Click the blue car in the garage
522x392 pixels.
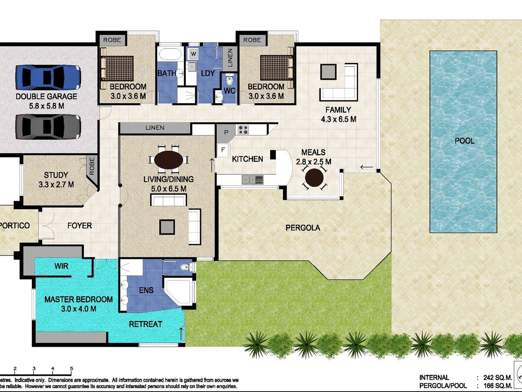[48, 78]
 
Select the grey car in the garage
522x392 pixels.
[48, 126]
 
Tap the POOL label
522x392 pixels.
[464, 141]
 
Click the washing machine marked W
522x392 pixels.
[193, 54]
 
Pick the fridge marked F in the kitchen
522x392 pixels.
[223, 150]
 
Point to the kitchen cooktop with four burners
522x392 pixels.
[243, 130]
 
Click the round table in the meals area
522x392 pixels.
[314, 177]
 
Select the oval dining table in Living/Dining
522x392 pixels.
[169, 160]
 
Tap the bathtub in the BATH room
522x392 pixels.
[170, 54]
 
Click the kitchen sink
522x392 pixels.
[252, 180]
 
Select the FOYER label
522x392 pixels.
[80, 225]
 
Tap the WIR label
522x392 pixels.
[61, 266]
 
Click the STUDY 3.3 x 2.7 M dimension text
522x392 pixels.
[57, 184]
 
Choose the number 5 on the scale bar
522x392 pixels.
[71, 368]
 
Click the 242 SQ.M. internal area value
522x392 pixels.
[498, 378]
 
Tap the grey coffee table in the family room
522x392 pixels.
[328, 72]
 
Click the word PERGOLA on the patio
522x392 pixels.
[303, 228]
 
